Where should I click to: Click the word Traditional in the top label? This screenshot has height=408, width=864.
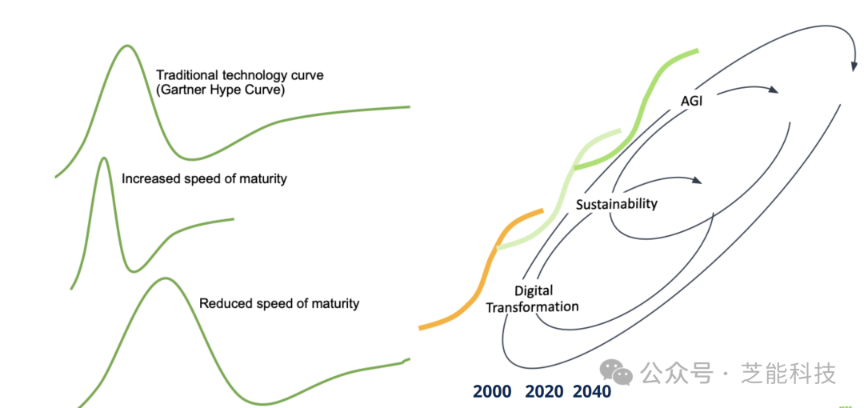[188, 75]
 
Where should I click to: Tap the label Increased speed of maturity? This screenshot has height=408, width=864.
[204, 178]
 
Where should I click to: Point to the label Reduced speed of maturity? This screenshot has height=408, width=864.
[279, 303]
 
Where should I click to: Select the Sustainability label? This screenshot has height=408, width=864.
[617, 204]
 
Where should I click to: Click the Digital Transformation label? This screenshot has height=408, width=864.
[533, 298]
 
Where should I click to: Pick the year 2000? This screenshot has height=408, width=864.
[492, 391]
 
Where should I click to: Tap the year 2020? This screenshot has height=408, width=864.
[545, 391]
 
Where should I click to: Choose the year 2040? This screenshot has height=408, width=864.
[592, 391]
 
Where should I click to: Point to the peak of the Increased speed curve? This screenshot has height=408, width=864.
[104, 158]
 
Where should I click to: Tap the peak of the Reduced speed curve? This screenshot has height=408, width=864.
[166, 278]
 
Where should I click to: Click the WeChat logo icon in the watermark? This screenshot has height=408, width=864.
[617, 371]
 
